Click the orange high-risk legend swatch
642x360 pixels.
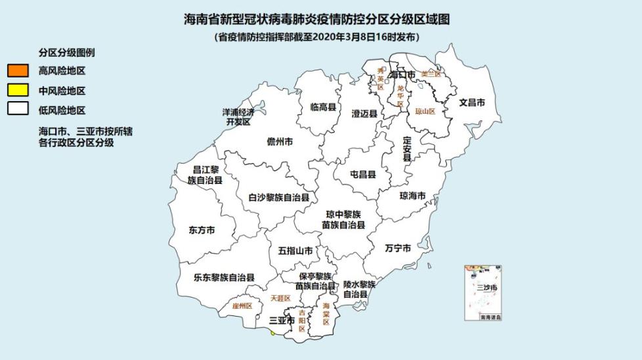pos(18,70)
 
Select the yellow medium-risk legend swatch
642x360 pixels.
pos(18,90)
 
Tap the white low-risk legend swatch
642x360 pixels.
pos(18,109)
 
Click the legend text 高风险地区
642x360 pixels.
pos(62,71)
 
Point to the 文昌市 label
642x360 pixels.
pos(472,103)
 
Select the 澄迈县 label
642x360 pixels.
pos(364,114)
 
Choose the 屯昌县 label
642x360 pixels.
pos(362,175)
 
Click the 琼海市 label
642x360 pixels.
pos(413,196)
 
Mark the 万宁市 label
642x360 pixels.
pos(398,248)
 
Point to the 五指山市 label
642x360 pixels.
pos(295,250)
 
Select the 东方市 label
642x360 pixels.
pos(202,231)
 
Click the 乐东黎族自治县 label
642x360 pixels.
pos(224,278)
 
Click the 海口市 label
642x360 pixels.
pos(402,76)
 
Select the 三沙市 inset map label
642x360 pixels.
pos(486,288)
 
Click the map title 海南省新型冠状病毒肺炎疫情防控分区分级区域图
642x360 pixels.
pos(317,20)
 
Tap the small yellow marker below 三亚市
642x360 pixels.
pos(272,332)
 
